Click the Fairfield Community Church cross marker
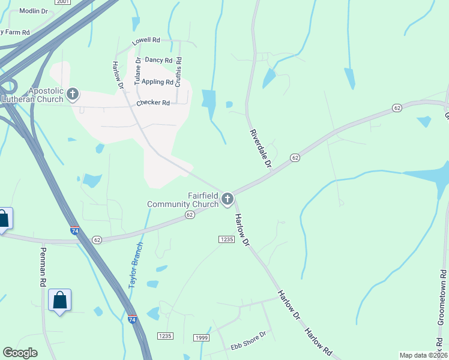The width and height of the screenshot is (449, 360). pyautogui.click(x=227, y=199)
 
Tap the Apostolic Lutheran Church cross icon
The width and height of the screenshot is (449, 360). pyautogui.click(x=73, y=94)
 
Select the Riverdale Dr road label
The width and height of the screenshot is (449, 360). pyautogui.click(x=261, y=148)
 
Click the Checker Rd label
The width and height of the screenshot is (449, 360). pyautogui.click(x=153, y=103)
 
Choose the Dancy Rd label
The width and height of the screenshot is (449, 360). pyautogui.click(x=158, y=61)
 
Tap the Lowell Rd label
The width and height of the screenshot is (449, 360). pyautogui.click(x=147, y=40)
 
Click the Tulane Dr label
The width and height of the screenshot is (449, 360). pyautogui.click(x=137, y=71)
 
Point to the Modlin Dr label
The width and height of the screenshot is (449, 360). pyautogui.click(x=34, y=11)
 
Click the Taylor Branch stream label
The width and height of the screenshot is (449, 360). pyautogui.click(x=136, y=264)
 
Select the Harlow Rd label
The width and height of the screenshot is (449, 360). pyautogui.click(x=318, y=340)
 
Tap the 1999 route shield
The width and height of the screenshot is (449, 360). pyautogui.click(x=202, y=338)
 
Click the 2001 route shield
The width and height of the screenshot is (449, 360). pyautogui.click(x=62, y=2)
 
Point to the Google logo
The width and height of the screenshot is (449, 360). pyautogui.click(x=20, y=353)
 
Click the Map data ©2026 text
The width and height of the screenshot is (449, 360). pyautogui.click(x=423, y=355)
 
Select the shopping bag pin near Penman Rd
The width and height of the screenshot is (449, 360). pyautogui.click(x=60, y=300)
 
